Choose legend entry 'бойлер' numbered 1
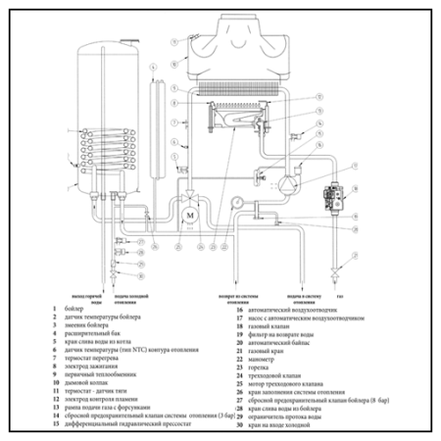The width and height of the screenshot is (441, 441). pyautogui.click(x=74, y=311)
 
